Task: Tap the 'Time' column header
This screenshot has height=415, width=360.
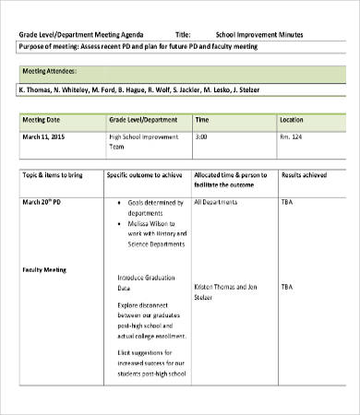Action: tap(202, 120)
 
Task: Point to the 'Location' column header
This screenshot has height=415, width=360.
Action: tap(291, 120)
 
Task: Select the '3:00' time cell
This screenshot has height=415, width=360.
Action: tap(200, 136)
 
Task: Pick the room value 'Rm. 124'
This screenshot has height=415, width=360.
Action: tap(291, 136)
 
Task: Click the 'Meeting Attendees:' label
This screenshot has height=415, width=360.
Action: tap(49, 70)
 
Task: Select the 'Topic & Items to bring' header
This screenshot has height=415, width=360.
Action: tap(54, 173)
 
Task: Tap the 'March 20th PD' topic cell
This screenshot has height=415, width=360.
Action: tap(44, 200)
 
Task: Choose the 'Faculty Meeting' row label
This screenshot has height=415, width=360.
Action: tap(45, 269)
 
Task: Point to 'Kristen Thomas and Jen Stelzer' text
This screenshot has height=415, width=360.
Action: tap(224, 292)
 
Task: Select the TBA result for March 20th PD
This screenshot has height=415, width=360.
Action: tap(287, 200)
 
